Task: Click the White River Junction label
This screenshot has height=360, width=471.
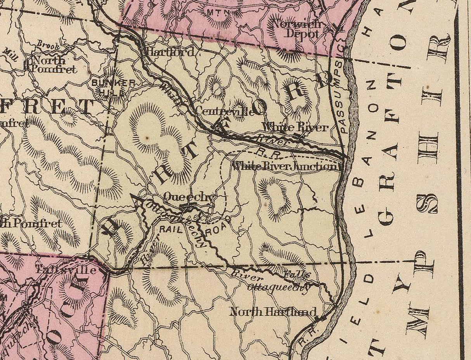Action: point(285,166)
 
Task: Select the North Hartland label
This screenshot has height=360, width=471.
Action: point(273,311)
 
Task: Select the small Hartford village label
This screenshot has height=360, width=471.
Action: point(169,52)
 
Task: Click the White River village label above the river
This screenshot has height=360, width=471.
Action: point(294,127)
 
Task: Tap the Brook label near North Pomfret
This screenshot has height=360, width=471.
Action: point(48,46)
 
